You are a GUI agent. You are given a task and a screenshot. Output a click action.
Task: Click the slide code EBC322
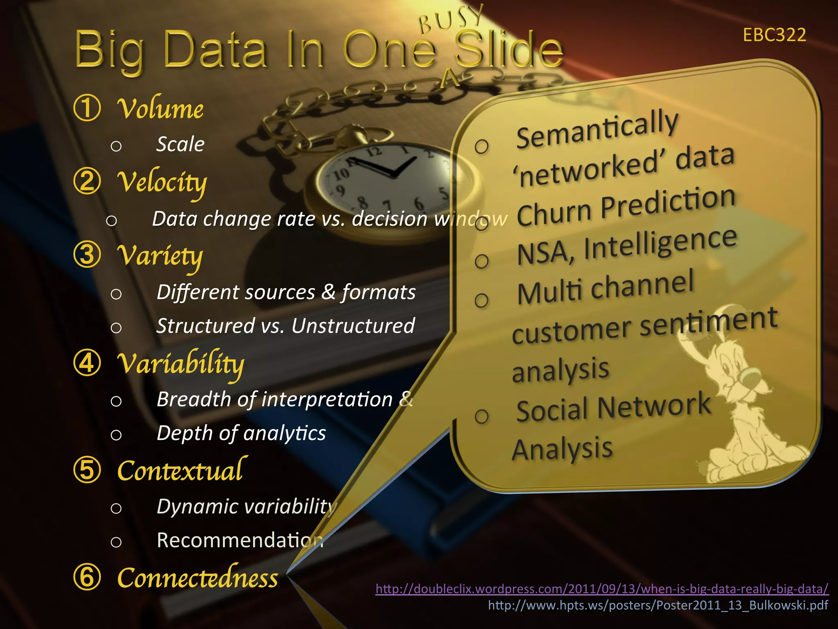774,35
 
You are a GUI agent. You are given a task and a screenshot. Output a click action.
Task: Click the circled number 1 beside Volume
87,108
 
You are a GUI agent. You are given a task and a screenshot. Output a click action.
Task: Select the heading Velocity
162,182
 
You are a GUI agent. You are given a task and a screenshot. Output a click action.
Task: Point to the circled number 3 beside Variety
87,254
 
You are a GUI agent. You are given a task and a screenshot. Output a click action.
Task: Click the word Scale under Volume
180,144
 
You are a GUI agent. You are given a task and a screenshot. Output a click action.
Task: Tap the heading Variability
180,364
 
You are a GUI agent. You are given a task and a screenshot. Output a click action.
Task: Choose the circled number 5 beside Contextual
87,470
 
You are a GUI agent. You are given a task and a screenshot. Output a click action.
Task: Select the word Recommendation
240,540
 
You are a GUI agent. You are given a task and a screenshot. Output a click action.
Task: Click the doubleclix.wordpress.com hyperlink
602,589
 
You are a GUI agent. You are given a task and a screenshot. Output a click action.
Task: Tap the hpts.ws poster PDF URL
658,605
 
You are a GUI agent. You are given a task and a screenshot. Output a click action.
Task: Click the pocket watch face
393,180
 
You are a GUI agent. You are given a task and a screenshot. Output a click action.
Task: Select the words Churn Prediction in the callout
626,207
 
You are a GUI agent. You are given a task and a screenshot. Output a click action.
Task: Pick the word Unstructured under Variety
353,326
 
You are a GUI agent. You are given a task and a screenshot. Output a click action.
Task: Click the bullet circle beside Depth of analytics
116,435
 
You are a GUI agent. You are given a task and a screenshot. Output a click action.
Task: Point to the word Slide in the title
509,50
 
